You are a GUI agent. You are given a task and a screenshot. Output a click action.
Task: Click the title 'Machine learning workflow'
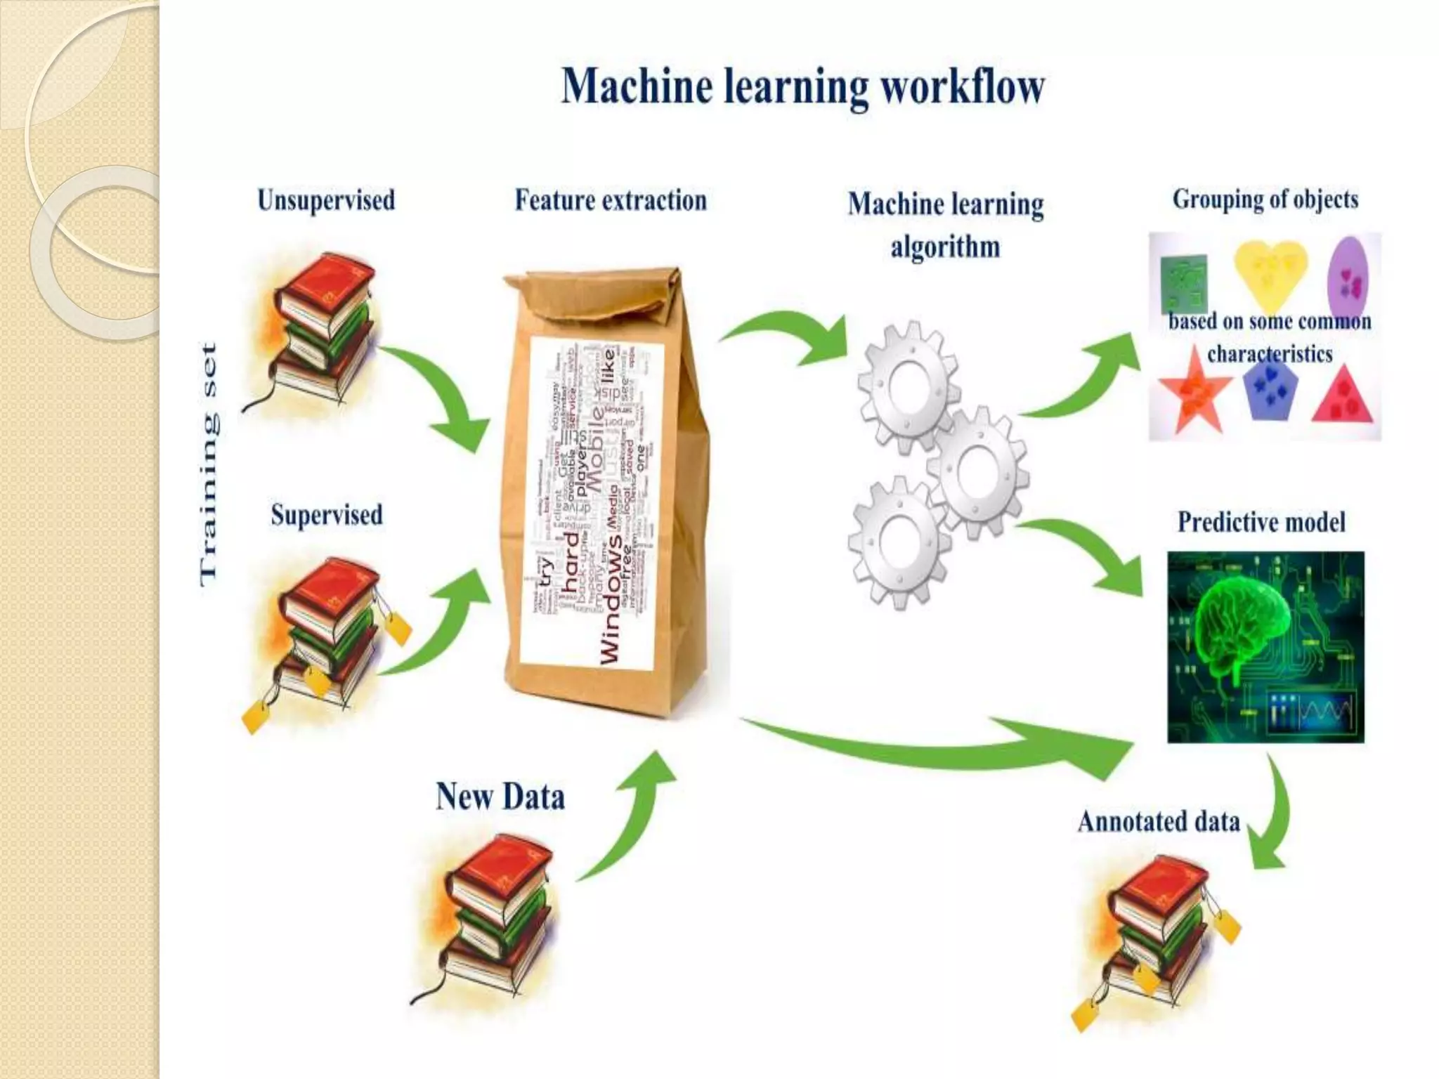[803, 87]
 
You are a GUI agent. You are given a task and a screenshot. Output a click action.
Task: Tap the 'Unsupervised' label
[326, 200]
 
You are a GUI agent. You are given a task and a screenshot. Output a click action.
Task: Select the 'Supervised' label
[327, 515]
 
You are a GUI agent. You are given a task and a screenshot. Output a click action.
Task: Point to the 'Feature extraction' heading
[610, 200]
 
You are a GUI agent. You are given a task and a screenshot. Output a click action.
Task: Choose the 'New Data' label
[500, 797]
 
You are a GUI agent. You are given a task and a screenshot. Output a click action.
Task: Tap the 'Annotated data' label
[1159, 821]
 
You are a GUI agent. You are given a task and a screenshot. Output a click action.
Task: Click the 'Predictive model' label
[1261, 522]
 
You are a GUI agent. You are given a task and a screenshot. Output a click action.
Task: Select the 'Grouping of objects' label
[1265, 200]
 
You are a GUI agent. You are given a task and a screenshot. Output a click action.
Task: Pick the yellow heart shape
[1270, 270]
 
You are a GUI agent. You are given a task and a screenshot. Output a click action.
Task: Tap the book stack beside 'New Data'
[495, 913]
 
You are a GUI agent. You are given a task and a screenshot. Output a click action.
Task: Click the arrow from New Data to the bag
[632, 815]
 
